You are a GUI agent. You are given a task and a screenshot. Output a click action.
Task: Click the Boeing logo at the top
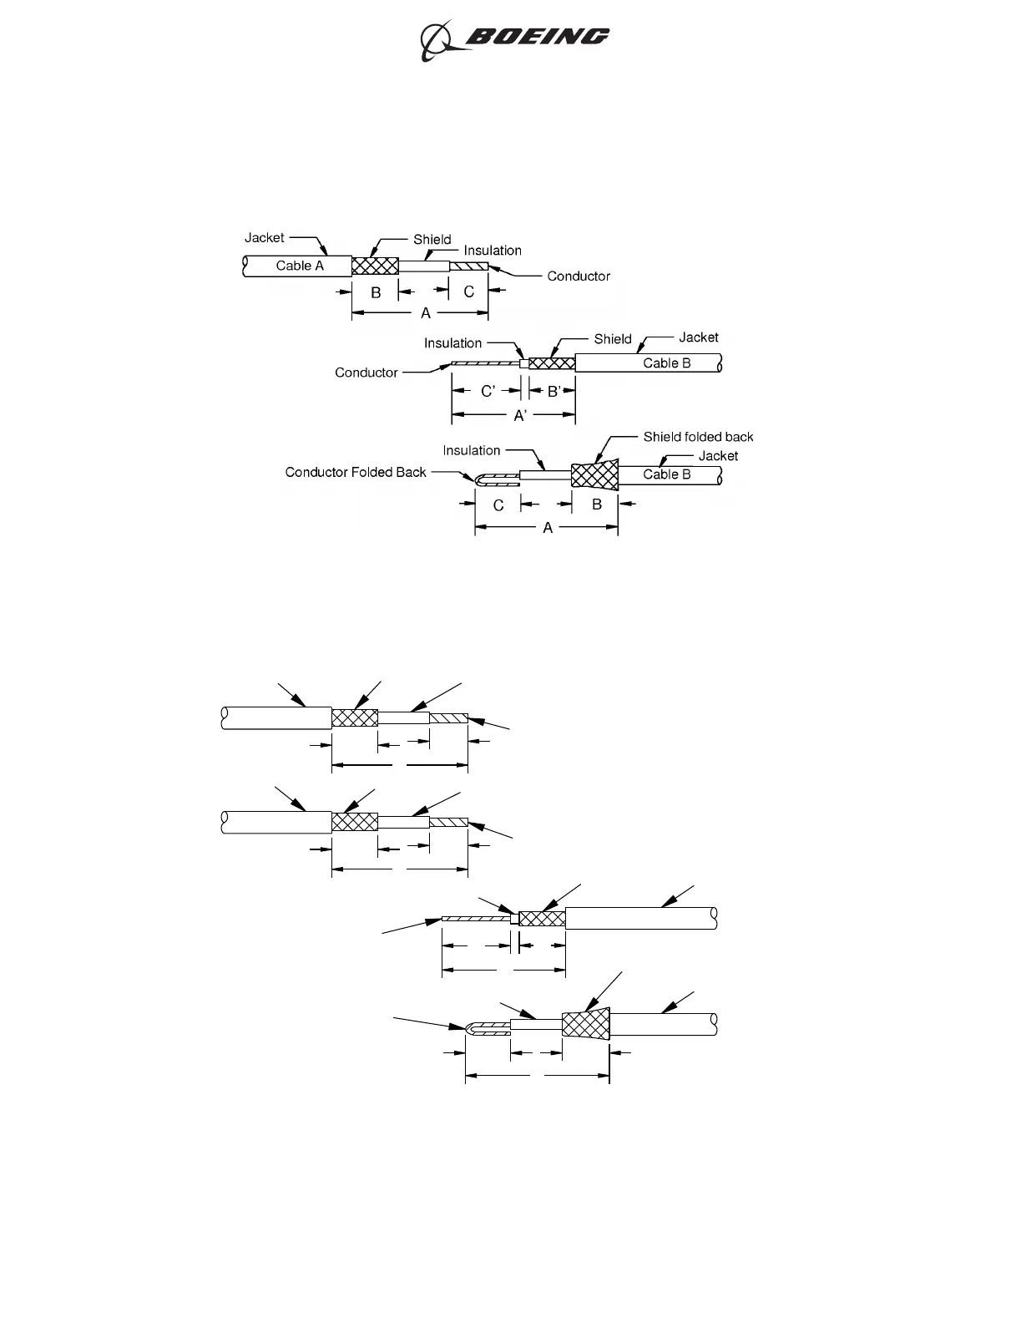click(x=514, y=38)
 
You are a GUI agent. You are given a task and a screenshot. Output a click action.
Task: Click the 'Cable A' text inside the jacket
click(x=300, y=266)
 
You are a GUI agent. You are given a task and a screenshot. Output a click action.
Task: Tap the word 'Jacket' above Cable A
click(x=264, y=238)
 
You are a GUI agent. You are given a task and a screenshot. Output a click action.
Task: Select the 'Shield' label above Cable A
click(x=432, y=240)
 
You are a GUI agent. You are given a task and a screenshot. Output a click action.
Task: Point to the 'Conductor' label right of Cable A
click(x=579, y=276)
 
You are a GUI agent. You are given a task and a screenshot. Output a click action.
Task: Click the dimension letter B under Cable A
click(x=376, y=292)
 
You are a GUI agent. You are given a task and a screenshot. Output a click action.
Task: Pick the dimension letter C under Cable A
click(x=468, y=292)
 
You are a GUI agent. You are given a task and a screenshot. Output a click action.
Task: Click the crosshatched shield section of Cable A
click(x=375, y=266)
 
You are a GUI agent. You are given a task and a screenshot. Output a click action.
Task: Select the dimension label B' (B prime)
click(x=554, y=392)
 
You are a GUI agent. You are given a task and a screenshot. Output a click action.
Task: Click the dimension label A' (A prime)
click(x=520, y=415)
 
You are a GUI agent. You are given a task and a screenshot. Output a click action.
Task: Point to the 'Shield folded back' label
click(x=698, y=437)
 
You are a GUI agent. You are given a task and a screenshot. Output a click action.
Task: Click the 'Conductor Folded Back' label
click(x=356, y=473)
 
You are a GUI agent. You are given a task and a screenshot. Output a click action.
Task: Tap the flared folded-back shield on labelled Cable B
click(x=595, y=475)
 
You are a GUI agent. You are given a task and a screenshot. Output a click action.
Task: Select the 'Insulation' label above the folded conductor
click(x=472, y=451)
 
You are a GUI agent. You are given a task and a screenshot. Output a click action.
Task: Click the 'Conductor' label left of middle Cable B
click(x=366, y=373)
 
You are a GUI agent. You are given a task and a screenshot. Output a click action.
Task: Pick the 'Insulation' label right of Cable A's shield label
click(x=493, y=251)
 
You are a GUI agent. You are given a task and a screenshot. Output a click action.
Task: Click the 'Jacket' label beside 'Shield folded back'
click(x=718, y=456)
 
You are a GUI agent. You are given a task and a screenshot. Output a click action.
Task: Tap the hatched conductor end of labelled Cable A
click(x=468, y=266)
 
